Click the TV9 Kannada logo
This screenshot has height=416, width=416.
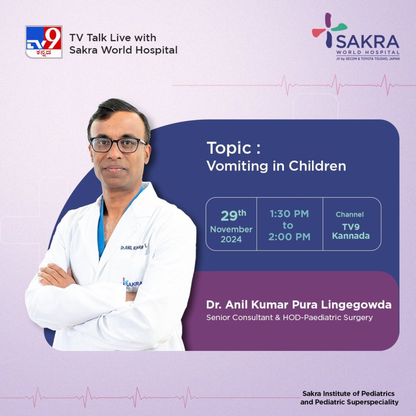(44, 42)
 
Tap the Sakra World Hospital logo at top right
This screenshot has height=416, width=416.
(356, 37)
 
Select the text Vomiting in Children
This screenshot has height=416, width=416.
(276, 166)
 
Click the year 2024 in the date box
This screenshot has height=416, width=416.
(231, 239)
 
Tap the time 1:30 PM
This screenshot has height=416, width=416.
(289, 214)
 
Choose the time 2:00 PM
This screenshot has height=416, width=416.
(289, 237)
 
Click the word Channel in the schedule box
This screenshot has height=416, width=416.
(350, 215)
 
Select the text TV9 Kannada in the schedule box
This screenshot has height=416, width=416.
(351, 232)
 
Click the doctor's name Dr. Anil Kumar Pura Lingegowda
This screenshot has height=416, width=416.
(299, 305)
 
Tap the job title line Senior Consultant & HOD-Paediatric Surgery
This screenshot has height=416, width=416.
(289, 317)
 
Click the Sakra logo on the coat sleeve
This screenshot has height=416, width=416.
(132, 283)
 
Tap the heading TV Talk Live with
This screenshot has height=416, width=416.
(113, 37)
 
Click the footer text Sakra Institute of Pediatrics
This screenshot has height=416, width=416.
(348, 394)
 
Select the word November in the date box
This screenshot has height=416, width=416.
(231, 229)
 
